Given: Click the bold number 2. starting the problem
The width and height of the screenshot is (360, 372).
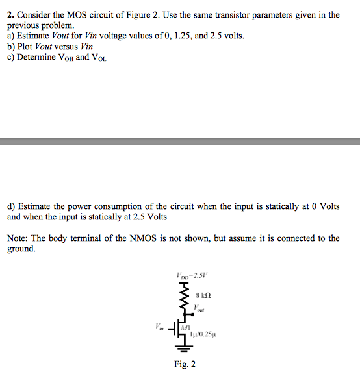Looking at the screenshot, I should tap(11, 14).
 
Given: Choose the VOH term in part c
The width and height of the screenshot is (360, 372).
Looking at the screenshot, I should tap(67, 57).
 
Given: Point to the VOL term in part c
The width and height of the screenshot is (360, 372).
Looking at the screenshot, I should tap(99, 57).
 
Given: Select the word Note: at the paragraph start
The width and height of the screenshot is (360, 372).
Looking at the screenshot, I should tap(18, 238).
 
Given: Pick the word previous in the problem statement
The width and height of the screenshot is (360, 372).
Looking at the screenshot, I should tap(24, 25).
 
